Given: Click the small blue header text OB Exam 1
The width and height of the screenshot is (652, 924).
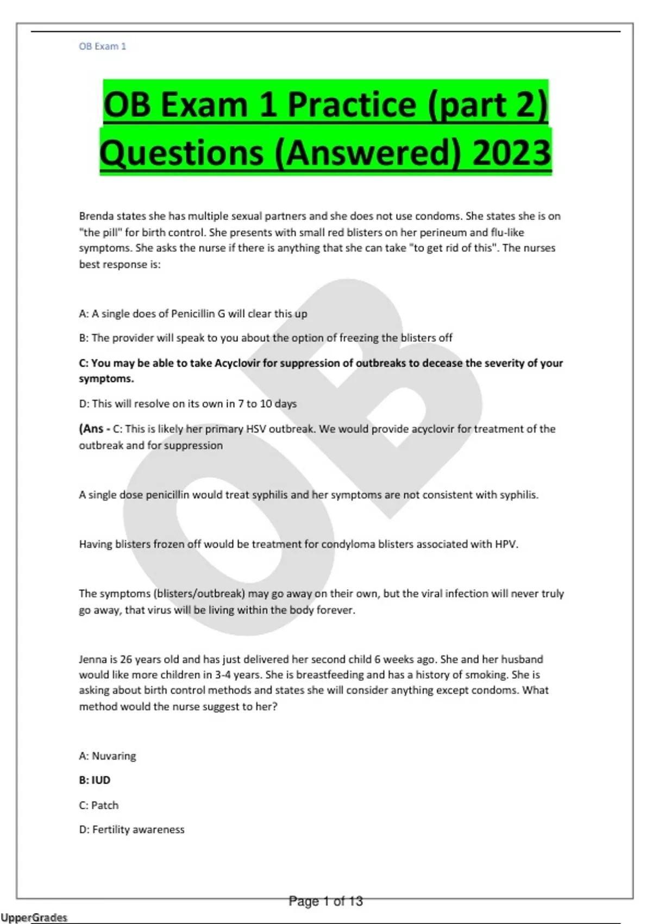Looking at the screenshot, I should click(x=102, y=46).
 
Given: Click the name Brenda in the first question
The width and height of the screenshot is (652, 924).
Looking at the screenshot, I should click(x=96, y=216).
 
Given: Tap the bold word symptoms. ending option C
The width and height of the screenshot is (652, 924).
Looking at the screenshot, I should click(x=106, y=378).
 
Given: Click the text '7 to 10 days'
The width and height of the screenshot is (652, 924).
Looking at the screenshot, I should click(x=267, y=404).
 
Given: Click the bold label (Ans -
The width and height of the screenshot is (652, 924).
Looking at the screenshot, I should click(x=95, y=429).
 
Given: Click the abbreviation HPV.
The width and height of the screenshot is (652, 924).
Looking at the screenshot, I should click(x=506, y=544).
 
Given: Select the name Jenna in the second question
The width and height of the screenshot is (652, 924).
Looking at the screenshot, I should click(x=93, y=659).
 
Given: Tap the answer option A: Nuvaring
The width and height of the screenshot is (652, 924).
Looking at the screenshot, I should click(x=108, y=756).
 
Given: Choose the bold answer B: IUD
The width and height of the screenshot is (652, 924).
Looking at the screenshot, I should click(x=95, y=780).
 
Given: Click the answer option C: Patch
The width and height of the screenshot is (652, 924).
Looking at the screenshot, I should click(x=99, y=805).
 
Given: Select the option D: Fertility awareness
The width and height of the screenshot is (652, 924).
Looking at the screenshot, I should click(x=131, y=829).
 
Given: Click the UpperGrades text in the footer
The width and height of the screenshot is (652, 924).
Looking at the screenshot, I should click(x=34, y=917).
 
